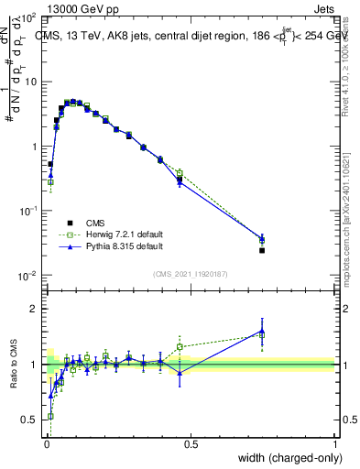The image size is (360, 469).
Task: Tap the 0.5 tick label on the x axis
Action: point(191,444)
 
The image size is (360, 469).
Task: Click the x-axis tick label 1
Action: point(334,444)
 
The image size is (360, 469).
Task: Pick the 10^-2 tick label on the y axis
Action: point(27,276)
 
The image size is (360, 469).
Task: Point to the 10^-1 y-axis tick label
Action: point(27,212)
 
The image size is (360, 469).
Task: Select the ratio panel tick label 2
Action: point(31,309)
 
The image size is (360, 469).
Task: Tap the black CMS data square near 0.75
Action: point(262,250)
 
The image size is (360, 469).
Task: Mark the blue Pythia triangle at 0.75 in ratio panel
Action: point(262,331)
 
